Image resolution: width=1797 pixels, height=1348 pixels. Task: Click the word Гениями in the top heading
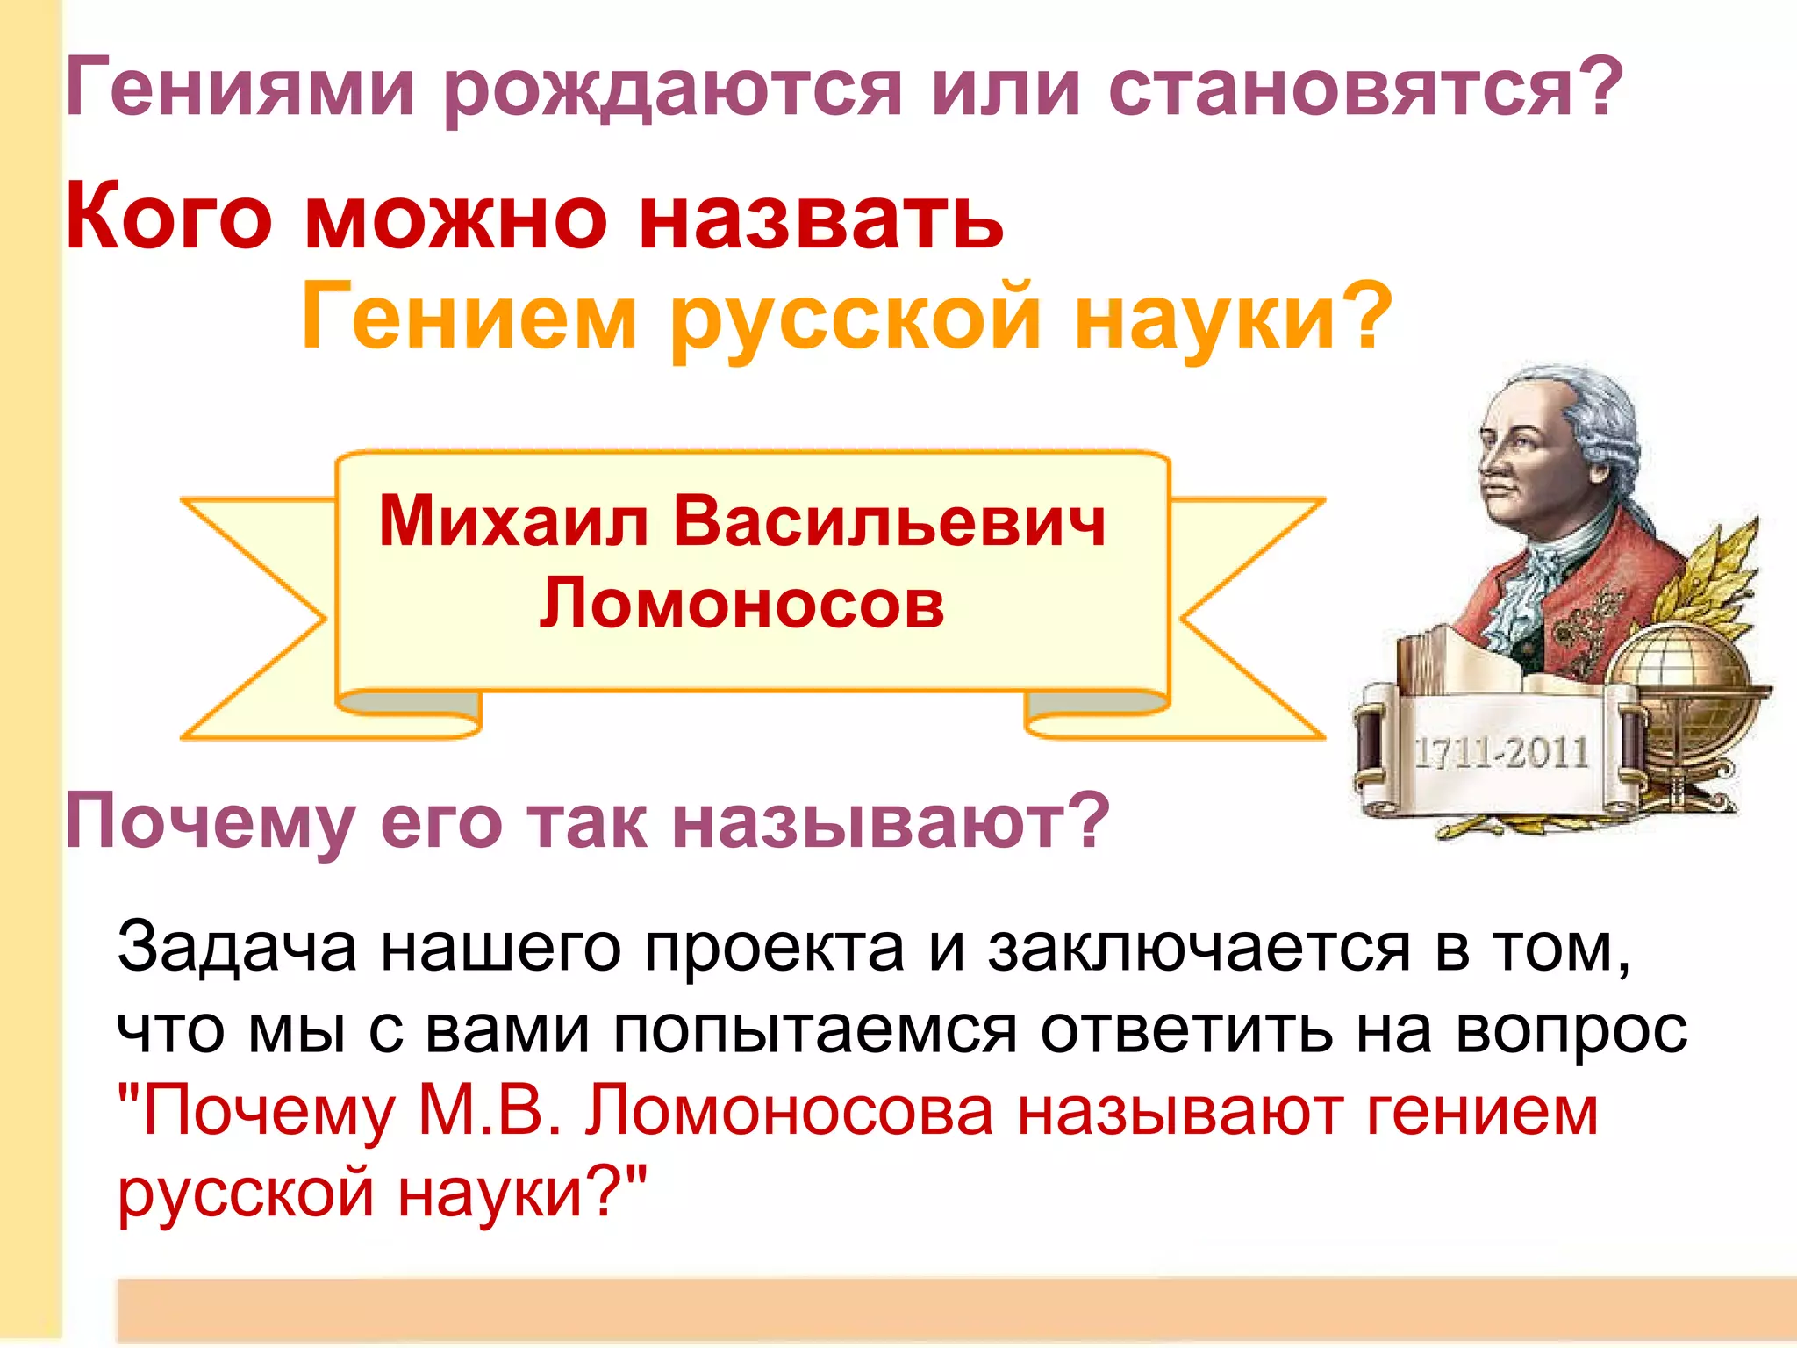coord(239,88)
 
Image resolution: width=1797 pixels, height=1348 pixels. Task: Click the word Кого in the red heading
coord(168,217)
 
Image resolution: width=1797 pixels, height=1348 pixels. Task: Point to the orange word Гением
coord(468,318)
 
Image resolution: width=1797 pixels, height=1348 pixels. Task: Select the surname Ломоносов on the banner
coord(741,604)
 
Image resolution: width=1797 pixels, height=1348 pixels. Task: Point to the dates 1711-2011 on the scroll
coord(1502,753)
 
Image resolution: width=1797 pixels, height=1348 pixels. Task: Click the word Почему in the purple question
coord(210,822)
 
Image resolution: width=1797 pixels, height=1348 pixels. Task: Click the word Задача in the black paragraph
coord(237,948)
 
